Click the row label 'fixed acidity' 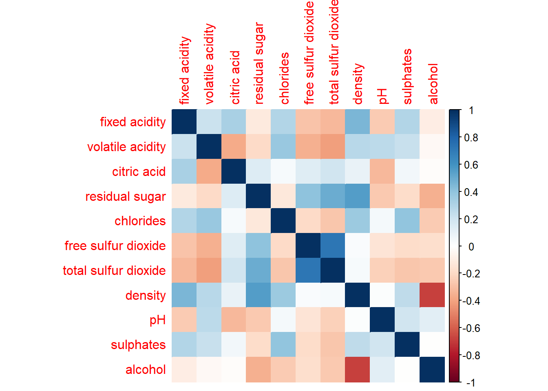pos(133,122)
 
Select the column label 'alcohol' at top pos(433,84)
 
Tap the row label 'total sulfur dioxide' pos(114,270)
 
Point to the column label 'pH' pos(382,96)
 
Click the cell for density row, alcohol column pos(432,295)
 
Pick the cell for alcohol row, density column pos(358,369)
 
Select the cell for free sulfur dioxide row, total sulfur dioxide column pos(333,246)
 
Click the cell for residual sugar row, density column pos(358,196)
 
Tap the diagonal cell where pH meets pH pos(382,320)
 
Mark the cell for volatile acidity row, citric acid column pos(234,147)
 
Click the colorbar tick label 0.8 pos(471,138)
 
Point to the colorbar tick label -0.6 pos(471,328)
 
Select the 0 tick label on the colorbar pos(471,246)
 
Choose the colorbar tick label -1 pos(470,382)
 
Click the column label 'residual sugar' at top pos(259,64)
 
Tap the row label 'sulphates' pos(138,345)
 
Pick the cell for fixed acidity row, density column pos(358,122)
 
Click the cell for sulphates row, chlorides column pos(283,345)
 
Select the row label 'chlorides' pos(140,221)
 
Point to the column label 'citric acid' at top pos(235,78)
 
